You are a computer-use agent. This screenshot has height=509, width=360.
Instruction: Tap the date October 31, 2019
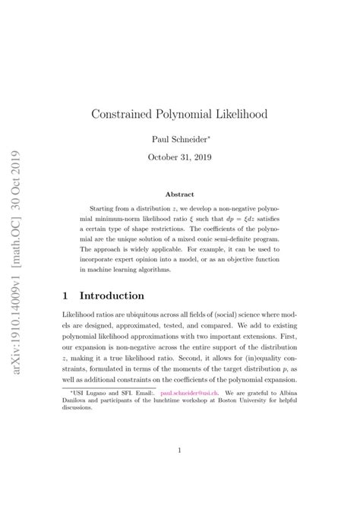tap(180, 157)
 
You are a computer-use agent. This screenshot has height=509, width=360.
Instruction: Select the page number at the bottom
tap(180, 451)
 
